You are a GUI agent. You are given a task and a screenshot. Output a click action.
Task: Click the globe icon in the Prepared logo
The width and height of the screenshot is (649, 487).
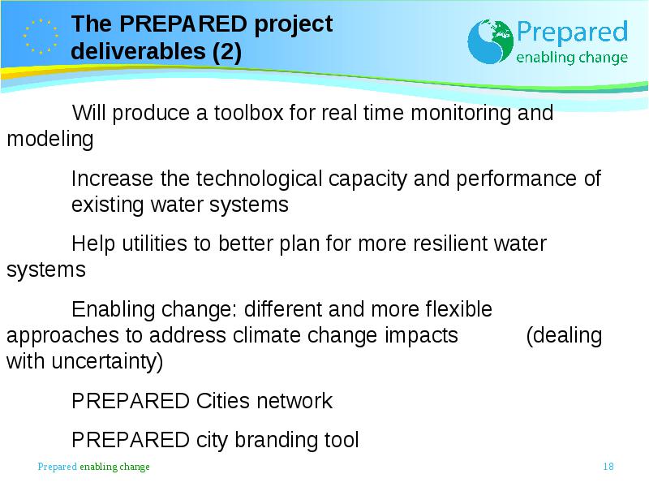coord(490,41)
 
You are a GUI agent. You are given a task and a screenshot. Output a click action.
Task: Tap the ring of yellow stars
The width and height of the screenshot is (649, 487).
coord(41,37)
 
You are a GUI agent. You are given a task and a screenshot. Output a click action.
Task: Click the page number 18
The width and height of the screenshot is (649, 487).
coord(608,466)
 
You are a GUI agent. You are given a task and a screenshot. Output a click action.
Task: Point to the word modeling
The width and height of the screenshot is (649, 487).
coord(50,139)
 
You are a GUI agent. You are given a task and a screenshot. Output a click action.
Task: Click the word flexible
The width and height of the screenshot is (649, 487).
coord(458,309)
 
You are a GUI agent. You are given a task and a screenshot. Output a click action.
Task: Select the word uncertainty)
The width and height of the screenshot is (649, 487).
coord(107,361)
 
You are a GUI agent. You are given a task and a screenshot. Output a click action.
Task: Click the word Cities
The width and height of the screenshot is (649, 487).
coord(223,401)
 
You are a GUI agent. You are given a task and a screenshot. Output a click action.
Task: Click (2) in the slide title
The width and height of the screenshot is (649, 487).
coord(227,52)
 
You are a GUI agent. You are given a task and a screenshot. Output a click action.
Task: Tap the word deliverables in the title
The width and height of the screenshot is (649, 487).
coord(138,51)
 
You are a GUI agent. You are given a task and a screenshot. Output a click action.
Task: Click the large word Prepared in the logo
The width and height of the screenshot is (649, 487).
coord(572,32)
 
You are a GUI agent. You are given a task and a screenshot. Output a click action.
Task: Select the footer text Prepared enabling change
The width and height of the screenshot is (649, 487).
coord(93,467)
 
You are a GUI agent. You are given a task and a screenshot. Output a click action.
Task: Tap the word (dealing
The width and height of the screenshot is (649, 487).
coord(564,336)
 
